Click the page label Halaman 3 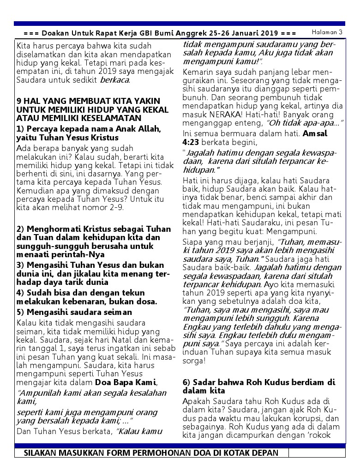pyautogui.click(x=327, y=32)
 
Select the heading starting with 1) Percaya pyautogui.click(x=88, y=133)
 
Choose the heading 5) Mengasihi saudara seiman pyautogui.click(x=74, y=312)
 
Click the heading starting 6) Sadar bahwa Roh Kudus pyautogui.click(x=259, y=386)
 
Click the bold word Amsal pyautogui.click(x=315, y=134)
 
